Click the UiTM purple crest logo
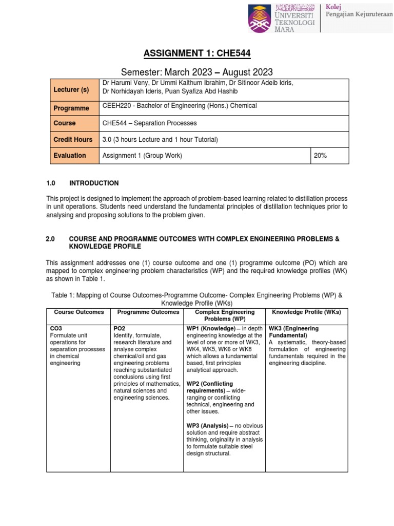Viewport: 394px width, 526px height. tap(262, 19)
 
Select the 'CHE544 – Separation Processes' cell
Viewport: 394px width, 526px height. tap(142, 123)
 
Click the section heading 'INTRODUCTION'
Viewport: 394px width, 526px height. tap(94, 183)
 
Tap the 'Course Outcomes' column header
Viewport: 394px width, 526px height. tap(79, 312)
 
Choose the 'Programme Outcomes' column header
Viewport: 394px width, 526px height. tap(148, 312)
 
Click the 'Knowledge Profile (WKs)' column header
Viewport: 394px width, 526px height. tap(306, 312)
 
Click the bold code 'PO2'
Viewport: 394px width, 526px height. tap(119, 328)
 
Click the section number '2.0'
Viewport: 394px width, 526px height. tap(50, 239)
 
